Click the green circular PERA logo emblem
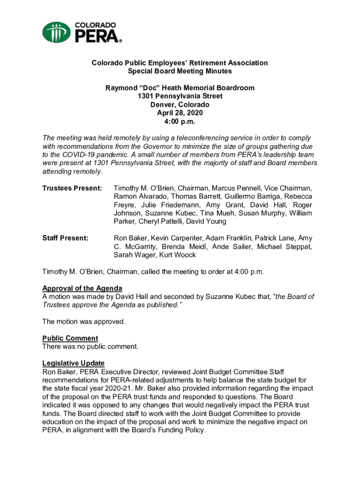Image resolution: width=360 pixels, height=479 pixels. pyautogui.click(x=57, y=32)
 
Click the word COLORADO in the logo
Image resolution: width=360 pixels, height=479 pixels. pyautogui.click(x=95, y=25)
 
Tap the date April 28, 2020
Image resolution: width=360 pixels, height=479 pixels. pyautogui.click(x=180, y=113)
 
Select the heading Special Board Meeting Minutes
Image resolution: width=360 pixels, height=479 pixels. pyautogui.click(x=180, y=71)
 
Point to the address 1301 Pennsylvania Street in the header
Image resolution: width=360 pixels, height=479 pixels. pyautogui.click(x=180, y=96)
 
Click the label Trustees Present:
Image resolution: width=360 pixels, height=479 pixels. pyautogui.click(x=72, y=188)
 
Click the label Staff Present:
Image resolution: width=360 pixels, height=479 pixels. pyautogui.click(x=65, y=238)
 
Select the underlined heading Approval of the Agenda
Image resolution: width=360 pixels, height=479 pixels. pyautogui.click(x=82, y=288)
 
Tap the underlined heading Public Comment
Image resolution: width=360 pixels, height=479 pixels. pyautogui.click(x=70, y=338)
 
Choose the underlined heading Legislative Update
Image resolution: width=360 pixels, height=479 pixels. pyautogui.click(x=73, y=363)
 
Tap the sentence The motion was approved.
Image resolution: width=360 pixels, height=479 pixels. pyautogui.click(x=84, y=321)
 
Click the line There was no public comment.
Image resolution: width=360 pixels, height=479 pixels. pyautogui.click(x=90, y=347)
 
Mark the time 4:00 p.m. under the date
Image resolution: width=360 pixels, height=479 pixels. pyautogui.click(x=180, y=122)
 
